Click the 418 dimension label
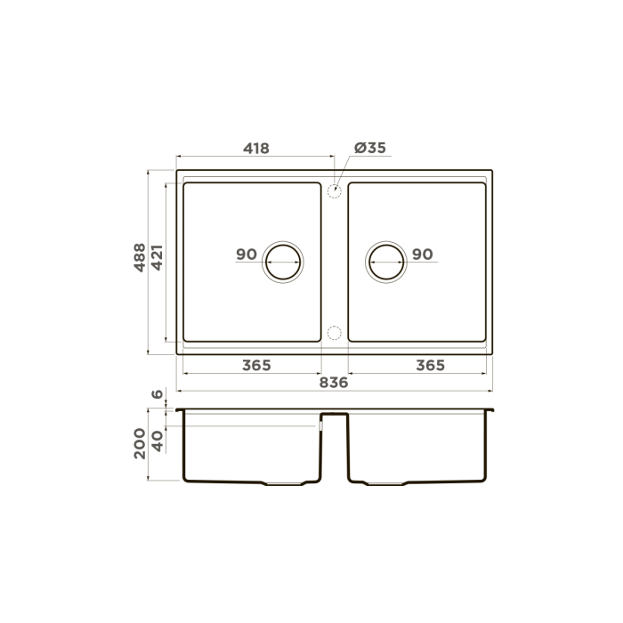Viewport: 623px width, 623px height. [x=256, y=149]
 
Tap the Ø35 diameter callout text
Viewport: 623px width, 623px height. [x=370, y=148]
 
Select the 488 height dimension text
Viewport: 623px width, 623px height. [x=140, y=257]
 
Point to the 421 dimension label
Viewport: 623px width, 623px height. [x=158, y=257]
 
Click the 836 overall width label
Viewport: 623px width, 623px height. [x=334, y=383]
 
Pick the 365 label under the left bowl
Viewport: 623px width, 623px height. [x=256, y=365]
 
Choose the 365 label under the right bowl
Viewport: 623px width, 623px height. [x=430, y=365]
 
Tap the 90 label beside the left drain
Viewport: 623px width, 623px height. [x=247, y=255]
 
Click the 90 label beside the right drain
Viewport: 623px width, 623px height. [x=423, y=255]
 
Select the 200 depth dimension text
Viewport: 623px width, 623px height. [x=140, y=443]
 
